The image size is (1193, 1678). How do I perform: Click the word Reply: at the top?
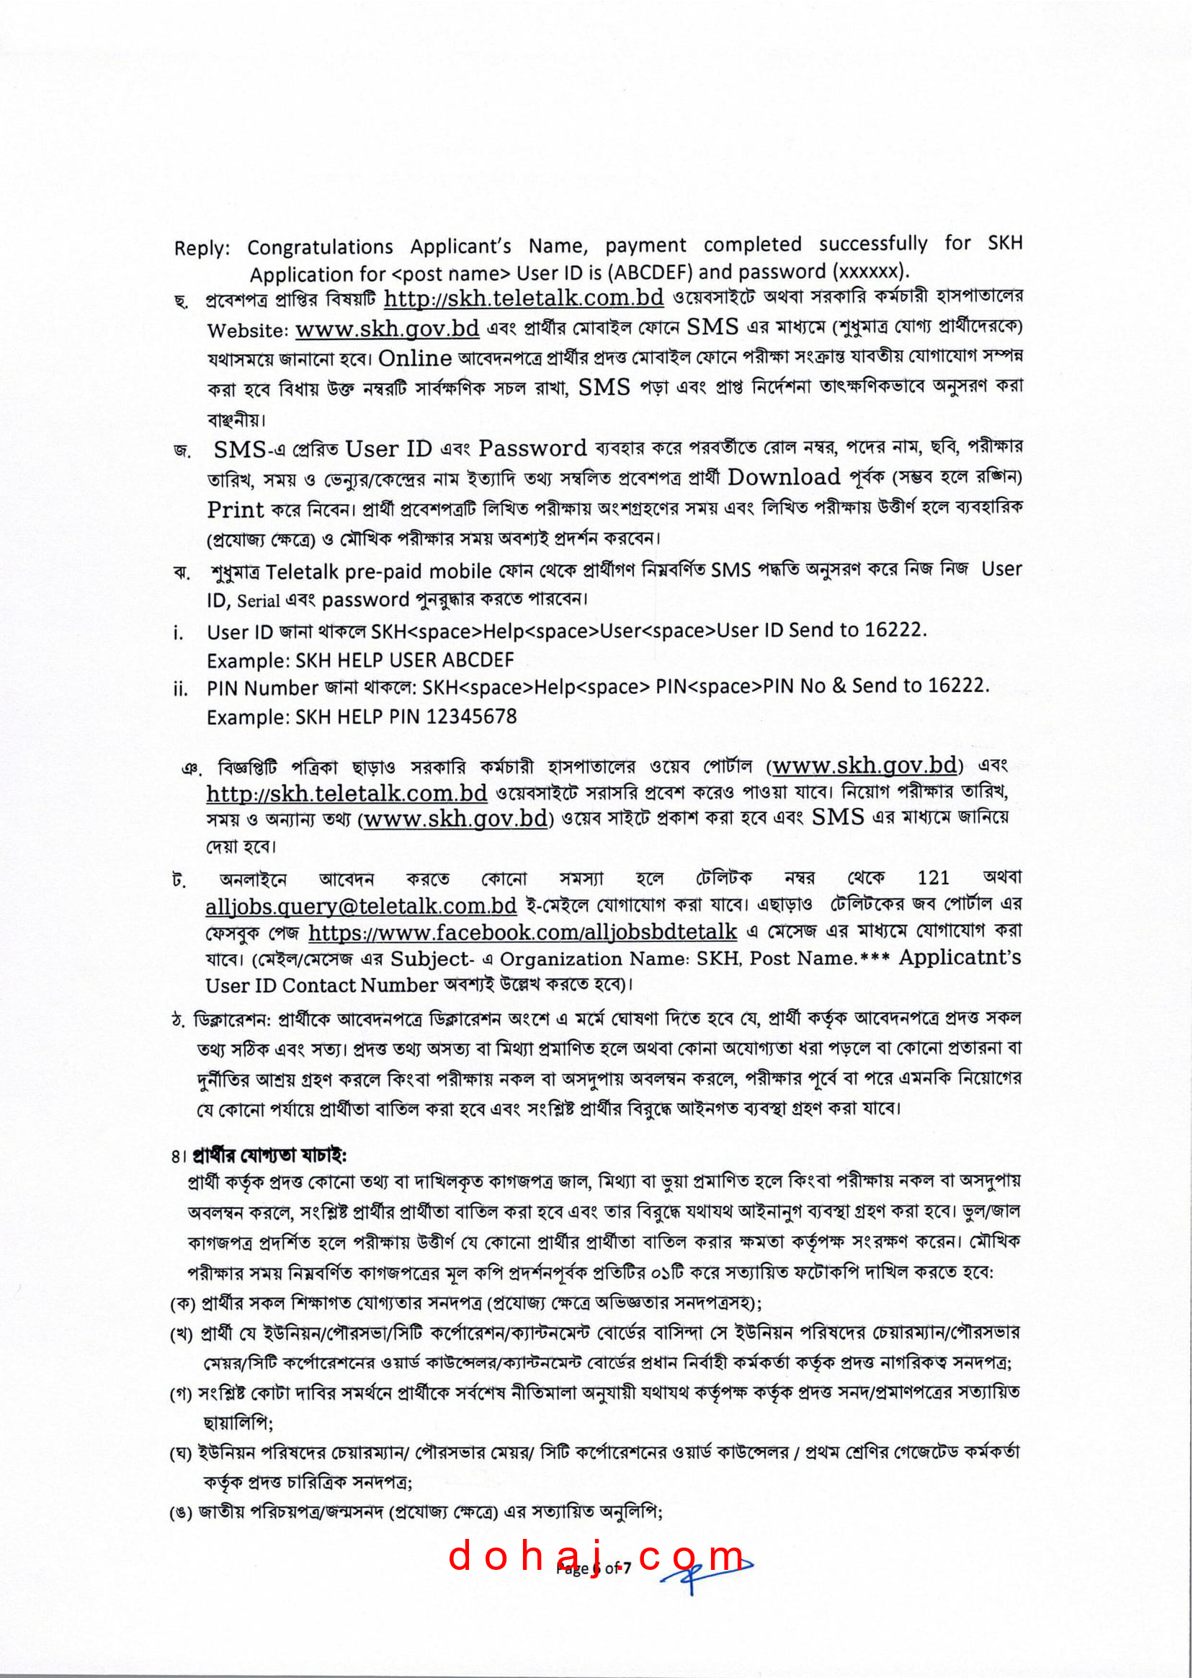click(201, 249)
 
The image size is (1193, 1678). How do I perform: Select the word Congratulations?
click(320, 247)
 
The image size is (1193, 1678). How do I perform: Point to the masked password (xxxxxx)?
click(870, 271)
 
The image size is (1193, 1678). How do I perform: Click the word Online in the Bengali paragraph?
click(415, 359)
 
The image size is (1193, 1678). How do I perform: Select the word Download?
click(783, 477)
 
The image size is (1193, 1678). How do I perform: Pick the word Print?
click(235, 510)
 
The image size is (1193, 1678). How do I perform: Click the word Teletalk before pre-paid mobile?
click(303, 572)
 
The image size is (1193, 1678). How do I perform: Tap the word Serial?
click(258, 601)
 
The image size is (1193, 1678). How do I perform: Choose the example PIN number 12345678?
click(471, 716)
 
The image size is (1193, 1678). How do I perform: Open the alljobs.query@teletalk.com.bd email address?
click(361, 905)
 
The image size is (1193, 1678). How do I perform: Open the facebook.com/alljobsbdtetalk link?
click(522, 932)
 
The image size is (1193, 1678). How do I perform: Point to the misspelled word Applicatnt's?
click(960, 957)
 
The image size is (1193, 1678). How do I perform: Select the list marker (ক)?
click(182, 1304)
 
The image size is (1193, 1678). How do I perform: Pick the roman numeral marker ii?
click(181, 688)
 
